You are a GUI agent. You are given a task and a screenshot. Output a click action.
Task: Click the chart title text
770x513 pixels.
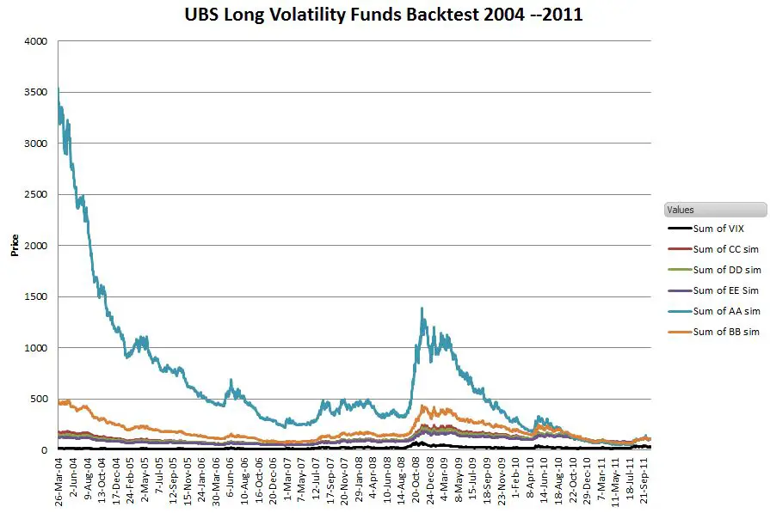(x=385, y=15)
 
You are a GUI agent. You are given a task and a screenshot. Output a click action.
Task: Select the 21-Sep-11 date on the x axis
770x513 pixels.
(x=646, y=481)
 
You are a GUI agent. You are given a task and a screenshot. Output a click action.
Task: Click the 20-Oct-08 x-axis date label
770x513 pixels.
(x=416, y=481)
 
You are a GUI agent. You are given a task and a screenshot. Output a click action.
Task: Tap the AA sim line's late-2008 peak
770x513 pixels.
(x=422, y=308)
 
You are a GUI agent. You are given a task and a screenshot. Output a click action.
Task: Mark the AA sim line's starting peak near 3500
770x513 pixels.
(x=58, y=89)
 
